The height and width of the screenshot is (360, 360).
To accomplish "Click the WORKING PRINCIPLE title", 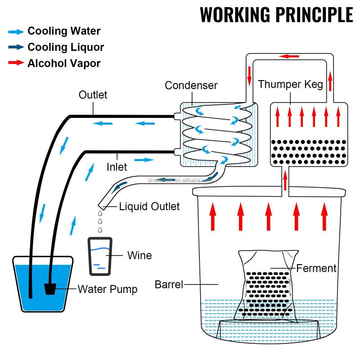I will coord(276,15).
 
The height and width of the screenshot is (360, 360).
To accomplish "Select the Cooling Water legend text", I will coord(64,31).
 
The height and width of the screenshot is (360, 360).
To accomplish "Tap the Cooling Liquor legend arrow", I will coord(16,47).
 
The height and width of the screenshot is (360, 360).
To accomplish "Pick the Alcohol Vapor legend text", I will coord(64,63).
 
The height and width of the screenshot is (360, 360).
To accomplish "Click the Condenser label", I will coord(191,85).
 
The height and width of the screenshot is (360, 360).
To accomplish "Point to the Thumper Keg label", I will coord(290,85).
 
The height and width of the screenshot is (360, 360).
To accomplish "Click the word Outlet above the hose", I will coord(93,95).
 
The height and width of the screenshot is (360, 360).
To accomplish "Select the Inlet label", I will coord(117,167).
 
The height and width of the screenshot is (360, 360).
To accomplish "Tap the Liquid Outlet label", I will coord(149,207).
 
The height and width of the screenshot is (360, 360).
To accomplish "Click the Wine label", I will coord(139,255).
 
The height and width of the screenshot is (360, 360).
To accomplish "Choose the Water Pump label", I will coord(108,289).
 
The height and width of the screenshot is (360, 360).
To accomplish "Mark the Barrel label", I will coord(169,284).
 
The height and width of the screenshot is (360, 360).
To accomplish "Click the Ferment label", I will coord(316,269).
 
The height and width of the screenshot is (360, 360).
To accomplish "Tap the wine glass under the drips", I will coord(101,256).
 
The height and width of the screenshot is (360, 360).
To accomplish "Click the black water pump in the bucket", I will coord(50,288).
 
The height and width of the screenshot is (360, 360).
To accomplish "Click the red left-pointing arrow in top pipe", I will coord(289,56).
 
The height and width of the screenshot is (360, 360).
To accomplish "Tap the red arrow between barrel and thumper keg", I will coord(285,180).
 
